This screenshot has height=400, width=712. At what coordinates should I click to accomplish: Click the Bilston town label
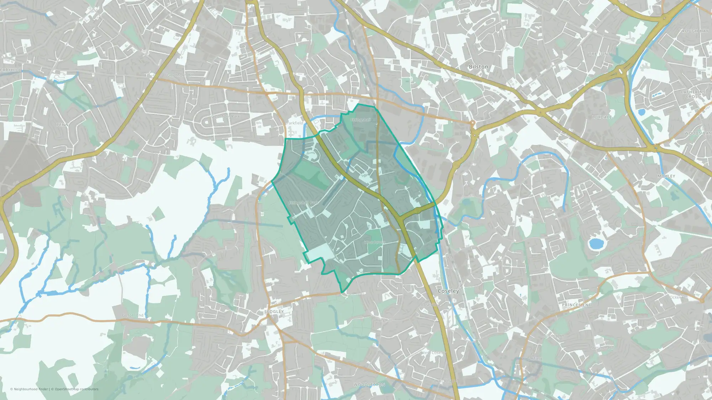(478, 67)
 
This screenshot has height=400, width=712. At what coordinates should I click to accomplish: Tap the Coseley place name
(448, 291)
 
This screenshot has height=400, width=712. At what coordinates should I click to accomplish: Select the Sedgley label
(274, 311)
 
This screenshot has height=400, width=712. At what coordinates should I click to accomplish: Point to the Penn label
(62, 125)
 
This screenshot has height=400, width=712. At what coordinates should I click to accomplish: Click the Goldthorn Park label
(226, 116)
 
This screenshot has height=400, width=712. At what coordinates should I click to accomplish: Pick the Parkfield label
(295, 123)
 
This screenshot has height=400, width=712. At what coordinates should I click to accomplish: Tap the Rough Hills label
(328, 78)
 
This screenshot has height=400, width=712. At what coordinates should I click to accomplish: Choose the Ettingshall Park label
(303, 203)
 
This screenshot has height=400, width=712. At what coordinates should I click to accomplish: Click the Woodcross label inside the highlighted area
(375, 242)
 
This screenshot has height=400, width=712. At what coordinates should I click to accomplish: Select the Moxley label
(666, 176)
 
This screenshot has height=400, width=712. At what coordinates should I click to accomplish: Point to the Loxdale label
(602, 117)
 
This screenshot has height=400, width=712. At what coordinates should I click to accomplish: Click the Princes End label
(577, 305)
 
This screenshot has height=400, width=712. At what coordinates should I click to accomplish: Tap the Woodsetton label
(369, 385)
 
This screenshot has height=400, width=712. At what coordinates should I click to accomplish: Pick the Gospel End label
(133, 315)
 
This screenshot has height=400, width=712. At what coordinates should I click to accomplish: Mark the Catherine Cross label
(693, 94)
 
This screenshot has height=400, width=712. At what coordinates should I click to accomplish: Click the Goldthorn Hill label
(180, 75)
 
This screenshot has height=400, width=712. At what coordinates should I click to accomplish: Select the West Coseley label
(434, 353)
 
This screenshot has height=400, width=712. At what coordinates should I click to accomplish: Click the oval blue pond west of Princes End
(595, 244)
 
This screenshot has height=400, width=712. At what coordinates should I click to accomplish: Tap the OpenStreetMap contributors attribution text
(77, 389)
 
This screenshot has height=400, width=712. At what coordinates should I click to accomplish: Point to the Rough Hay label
(695, 31)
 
